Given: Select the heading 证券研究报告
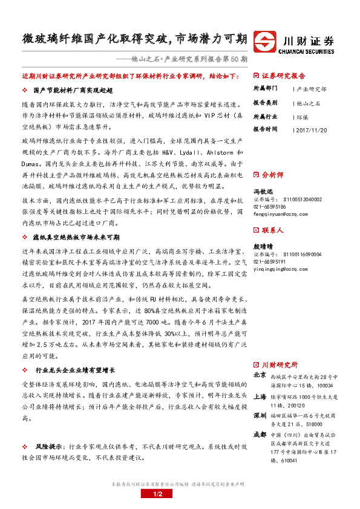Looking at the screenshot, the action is coord(284,77).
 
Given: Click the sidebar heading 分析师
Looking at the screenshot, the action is coord(272,174).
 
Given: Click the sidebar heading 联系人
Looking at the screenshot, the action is coord(272,230).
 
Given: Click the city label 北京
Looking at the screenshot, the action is coord(260,375).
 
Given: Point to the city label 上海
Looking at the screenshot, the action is coord(260,397).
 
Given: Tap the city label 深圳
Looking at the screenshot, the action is coord(260,415).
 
